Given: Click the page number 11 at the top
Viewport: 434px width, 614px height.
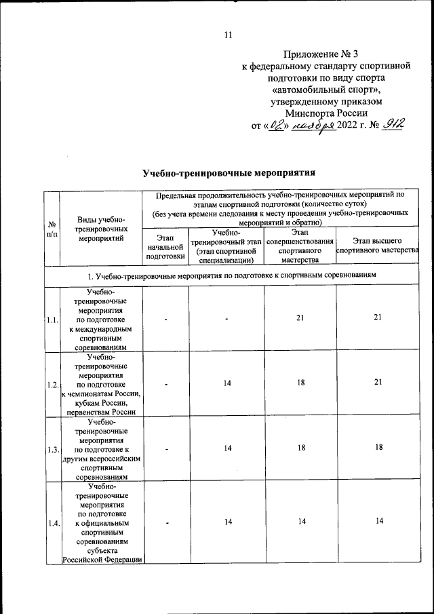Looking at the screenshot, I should coord(227,35).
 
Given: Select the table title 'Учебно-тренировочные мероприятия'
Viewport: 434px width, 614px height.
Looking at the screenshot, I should coord(230,172).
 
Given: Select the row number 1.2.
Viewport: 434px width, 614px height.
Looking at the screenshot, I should coord(52,385).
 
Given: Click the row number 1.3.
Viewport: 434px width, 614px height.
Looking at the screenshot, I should coord(52,449).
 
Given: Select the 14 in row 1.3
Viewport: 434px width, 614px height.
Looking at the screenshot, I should coord(226,448).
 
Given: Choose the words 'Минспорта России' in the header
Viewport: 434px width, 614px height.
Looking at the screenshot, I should coord(326,113).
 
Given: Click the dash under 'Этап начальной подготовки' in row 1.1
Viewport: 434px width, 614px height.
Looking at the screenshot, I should coord(165,320).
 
